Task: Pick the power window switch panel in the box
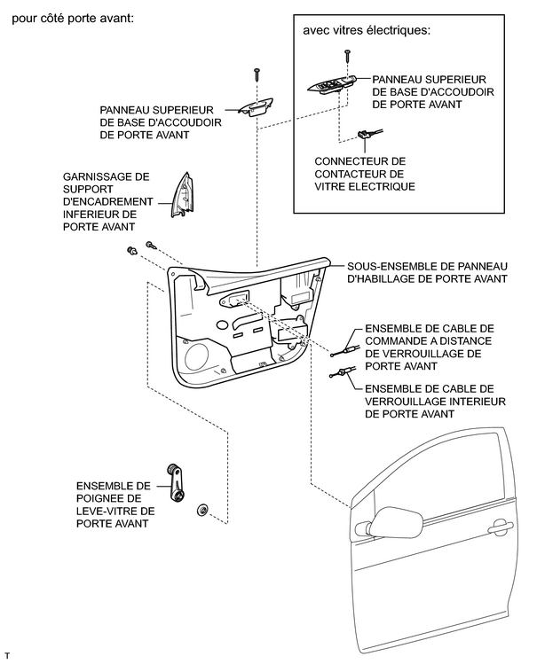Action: (335, 87)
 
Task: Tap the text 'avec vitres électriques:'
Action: (367, 29)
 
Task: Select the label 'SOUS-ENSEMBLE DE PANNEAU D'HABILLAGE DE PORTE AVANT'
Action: (425, 271)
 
